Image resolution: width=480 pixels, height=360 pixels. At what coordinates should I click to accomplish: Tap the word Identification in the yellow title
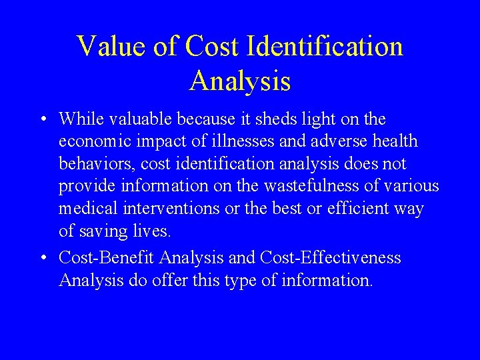pos(325,47)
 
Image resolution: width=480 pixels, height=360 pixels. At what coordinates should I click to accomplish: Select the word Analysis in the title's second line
pos(240,81)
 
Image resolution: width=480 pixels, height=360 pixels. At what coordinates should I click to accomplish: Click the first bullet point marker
pos(42,120)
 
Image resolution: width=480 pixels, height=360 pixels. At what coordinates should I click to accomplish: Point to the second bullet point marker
pos(42,258)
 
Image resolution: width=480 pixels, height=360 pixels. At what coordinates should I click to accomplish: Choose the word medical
pos(88,209)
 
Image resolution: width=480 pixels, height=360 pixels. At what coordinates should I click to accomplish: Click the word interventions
pos(171,209)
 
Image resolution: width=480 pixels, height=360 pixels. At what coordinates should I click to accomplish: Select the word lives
pos(154,232)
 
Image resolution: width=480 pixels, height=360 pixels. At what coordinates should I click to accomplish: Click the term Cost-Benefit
pos(107,257)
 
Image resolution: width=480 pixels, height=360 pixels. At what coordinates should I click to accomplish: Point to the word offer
pos(170,280)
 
